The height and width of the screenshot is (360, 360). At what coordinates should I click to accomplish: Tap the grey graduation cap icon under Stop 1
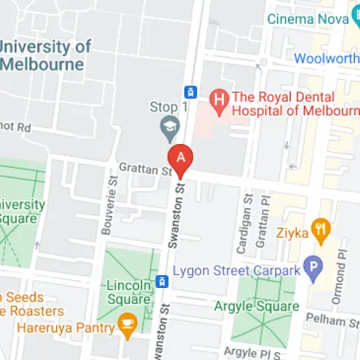(170, 128)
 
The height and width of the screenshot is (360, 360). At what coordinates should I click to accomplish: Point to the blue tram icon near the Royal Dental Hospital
(190, 91)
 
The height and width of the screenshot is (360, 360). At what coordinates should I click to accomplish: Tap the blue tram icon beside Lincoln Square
(163, 280)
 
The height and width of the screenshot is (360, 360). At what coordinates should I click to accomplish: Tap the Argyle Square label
(256, 307)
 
